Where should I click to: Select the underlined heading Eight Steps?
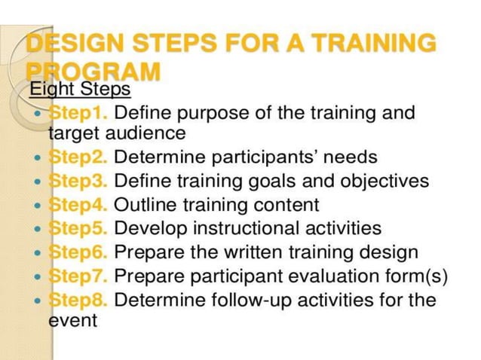pyautogui.click(x=80, y=90)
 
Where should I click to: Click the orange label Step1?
pyautogui.click(x=78, y=114)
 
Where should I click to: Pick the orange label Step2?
pyautogui.click(x=78, y=158)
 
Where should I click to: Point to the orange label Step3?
pyautogui.click(x=78, y=182)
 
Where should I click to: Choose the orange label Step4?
pyautogui.click(x=78, y=205)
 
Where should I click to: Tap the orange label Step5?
pyautogui.click(x=78, y=228)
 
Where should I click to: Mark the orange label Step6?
pyautogui.click(x=78, y=252)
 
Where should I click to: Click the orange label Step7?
pyautogui.click(x=78, y=276)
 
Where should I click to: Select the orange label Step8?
pyautogui.click(x=78, y=300)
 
